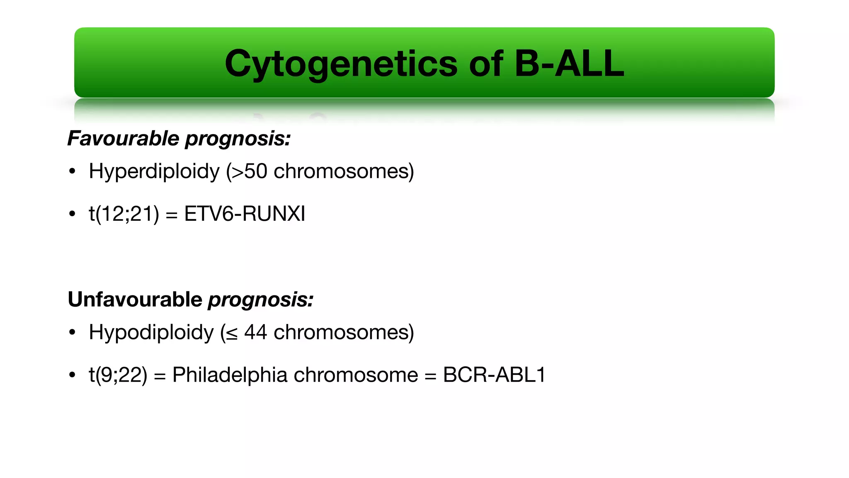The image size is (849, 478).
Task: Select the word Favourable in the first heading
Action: click(x=123, y=138)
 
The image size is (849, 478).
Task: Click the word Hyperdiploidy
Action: click(x=154, y=171)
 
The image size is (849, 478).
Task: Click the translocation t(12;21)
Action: click(x=124, y=214)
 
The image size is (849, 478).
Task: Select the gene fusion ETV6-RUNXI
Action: click(x=245, y=214)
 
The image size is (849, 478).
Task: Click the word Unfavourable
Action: click(x=135, y=299)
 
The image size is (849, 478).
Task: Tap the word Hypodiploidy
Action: click(x=151, y=332)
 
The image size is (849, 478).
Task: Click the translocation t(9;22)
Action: click(x=118, y=375)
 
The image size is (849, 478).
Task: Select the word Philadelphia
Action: click(x=230, y=375)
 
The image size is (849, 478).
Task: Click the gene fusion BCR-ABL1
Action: click(x=494, y=375)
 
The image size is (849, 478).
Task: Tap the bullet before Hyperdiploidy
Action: click(x=73, y=171)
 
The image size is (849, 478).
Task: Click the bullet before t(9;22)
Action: click(x=73, y=375)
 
